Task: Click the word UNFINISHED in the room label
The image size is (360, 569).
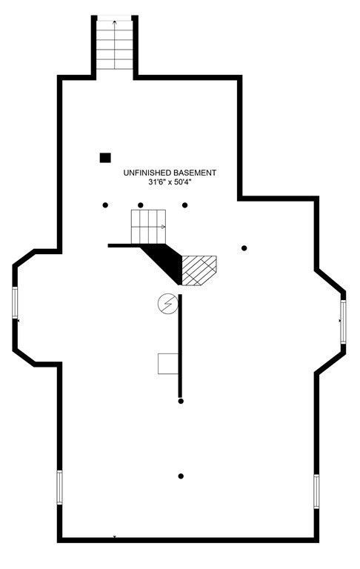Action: [147, 173]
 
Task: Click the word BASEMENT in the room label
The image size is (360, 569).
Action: [195, 173]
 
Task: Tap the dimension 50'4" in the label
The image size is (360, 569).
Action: [182, 182]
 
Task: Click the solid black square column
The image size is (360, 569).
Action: [105, 158]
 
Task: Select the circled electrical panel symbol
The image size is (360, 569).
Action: [168, 303]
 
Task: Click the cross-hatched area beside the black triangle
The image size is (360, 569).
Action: [199, 270]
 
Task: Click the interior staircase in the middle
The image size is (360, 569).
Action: [148, 227]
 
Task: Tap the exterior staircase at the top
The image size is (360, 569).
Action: [115, 44]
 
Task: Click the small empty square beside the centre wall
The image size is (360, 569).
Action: [168, 364]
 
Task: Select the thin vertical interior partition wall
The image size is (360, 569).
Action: [180, 346]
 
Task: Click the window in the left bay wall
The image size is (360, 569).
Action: [15, 302]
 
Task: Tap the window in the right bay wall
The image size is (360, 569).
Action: [343, 322]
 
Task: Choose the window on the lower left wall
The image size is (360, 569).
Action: [59, 487]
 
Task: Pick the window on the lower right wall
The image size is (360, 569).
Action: [316, 491]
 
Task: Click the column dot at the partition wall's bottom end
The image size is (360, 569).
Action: [181, 401]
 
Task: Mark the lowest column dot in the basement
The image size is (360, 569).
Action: [181, 476]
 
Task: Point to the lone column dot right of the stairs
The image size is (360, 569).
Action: [244, 248]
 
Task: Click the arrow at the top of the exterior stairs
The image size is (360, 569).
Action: [115, 22]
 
